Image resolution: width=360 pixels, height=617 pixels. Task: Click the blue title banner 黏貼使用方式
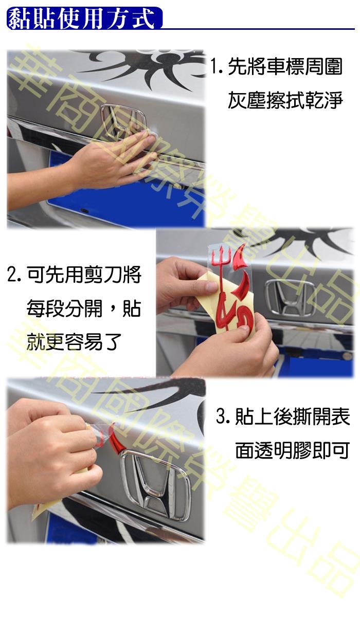[x=84, y=18]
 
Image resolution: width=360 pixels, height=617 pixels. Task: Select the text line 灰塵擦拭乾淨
[x=285, y=100]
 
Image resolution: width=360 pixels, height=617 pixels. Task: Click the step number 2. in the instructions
[x=14, y=275]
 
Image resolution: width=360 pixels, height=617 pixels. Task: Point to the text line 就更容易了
[x=74, y=342]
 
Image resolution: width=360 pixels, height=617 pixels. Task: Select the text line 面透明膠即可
[x=293, y=450]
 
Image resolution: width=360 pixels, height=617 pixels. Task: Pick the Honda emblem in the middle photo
[x=290, y=297]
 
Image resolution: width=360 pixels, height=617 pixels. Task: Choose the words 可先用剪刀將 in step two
[x=84, y=275]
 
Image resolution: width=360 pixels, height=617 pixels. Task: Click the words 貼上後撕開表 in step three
[x=293, y=416]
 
